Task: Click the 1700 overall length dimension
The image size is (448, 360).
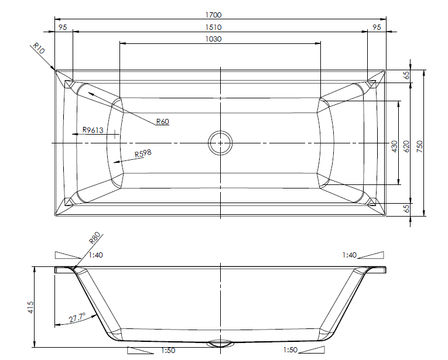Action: point(213,15)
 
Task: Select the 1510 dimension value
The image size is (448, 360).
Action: point(213,27)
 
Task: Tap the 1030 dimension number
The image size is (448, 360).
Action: point(213,39)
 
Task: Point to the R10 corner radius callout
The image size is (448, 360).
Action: point(39,48)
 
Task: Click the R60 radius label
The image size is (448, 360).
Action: point(163,121)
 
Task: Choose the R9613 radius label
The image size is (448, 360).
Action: point(93,130)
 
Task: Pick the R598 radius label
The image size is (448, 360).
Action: point(143,153)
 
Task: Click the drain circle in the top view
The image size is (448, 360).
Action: point(220,143)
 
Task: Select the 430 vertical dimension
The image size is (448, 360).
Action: point(395,146)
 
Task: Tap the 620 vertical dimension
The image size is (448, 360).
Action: point(406,146)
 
